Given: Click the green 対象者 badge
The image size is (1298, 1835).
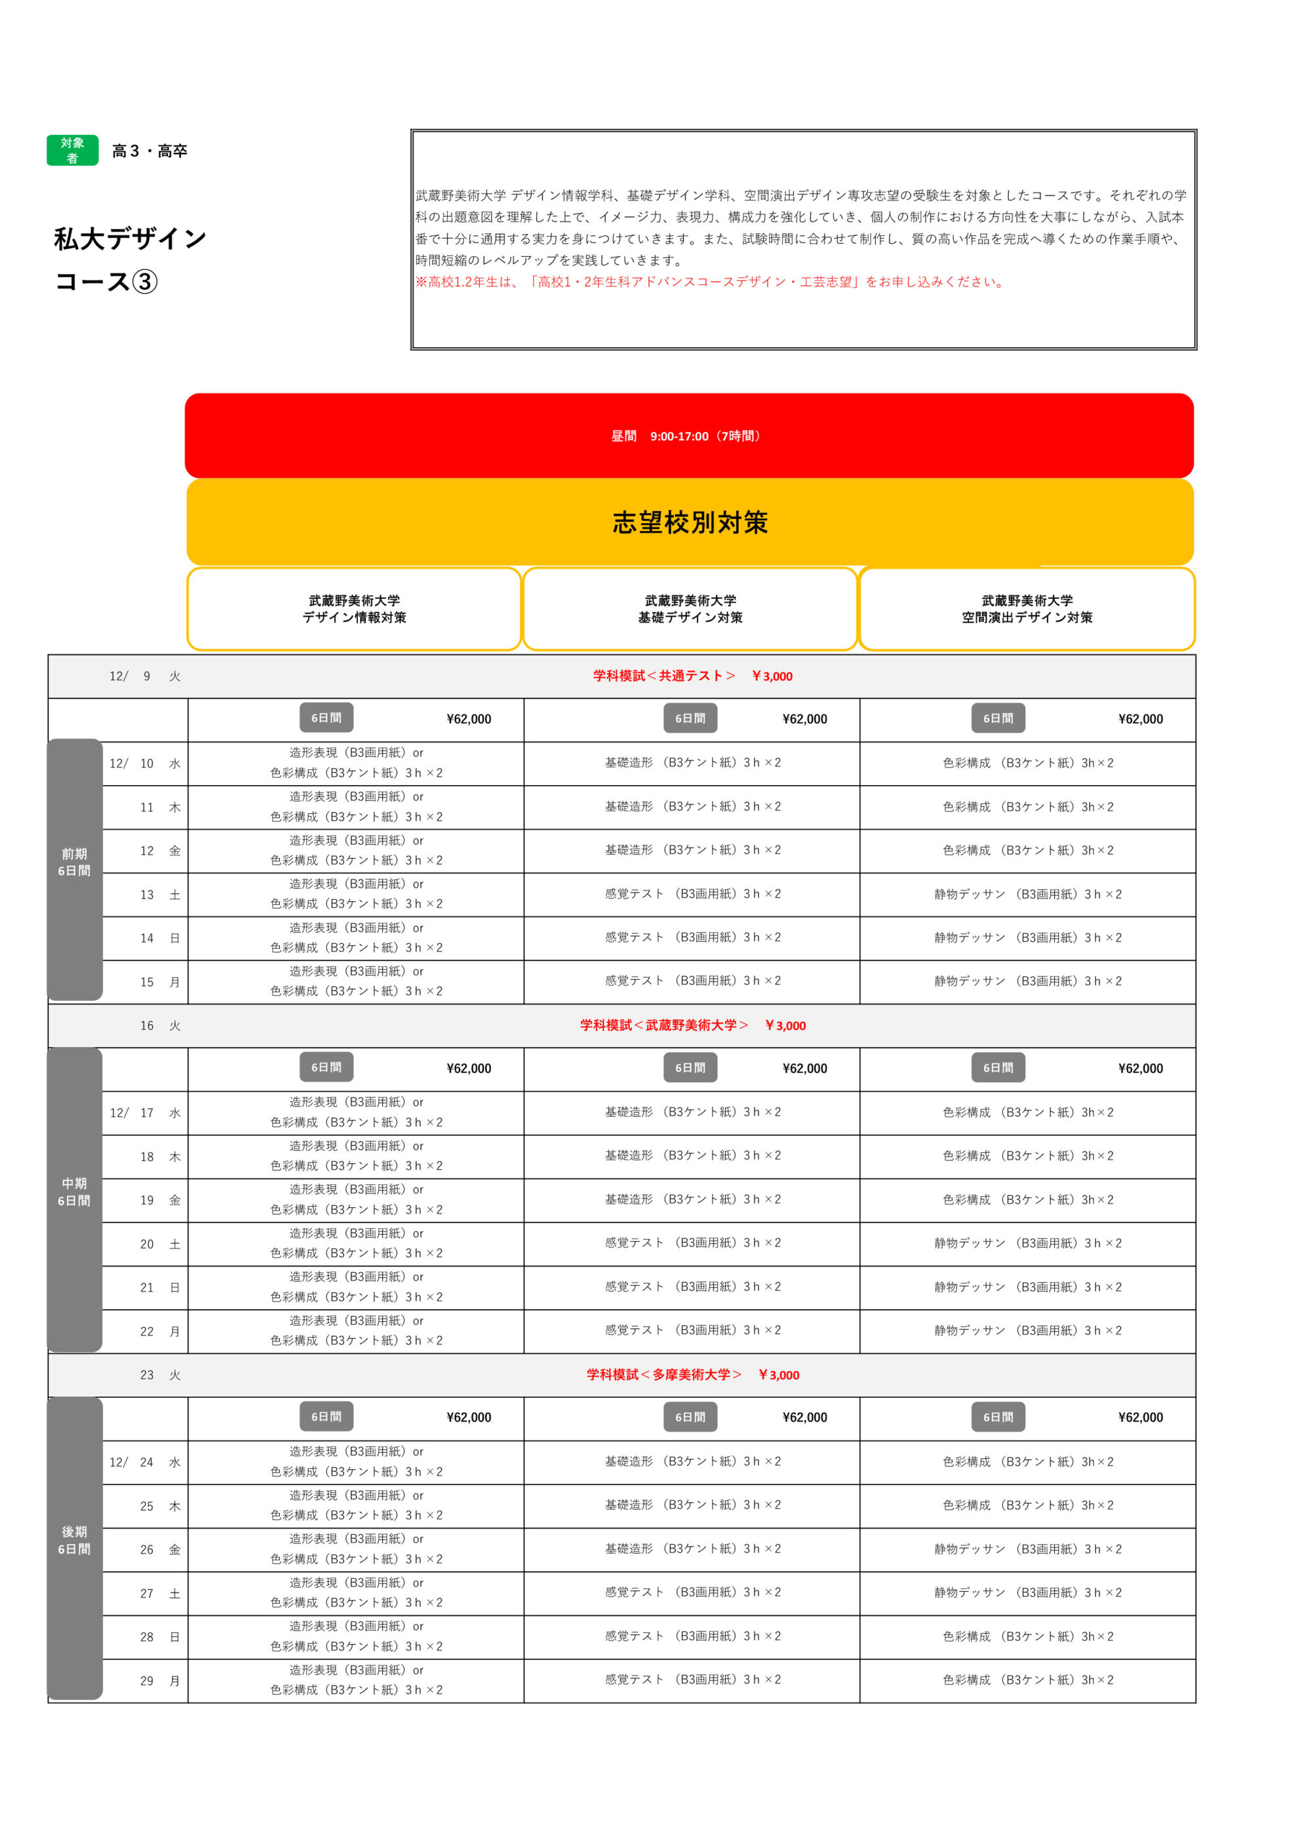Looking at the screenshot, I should click(x=72, y=150).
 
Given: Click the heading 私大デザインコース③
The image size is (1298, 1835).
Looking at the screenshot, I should click(x=130, y=259).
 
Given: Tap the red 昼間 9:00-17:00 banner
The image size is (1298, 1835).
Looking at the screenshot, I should click(x=688, y=436).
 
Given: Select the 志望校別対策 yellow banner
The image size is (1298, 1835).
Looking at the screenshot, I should click(x=689, y=522).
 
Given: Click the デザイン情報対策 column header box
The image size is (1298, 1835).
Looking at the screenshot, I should click(x=354, y=609).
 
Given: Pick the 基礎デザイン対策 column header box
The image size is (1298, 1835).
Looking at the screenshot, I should click(x=690, y=609).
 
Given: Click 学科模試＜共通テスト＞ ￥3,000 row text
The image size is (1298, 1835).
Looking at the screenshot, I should click(x=692, y=676).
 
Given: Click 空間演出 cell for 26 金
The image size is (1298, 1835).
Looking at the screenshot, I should click(x=1028, y=1549).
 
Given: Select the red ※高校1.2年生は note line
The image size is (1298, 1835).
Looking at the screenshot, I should click(x=710, y=281).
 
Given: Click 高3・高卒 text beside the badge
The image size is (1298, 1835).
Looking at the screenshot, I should click(x=149, y=151).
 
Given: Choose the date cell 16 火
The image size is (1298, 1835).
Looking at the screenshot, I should click(x=160, y=1026).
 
